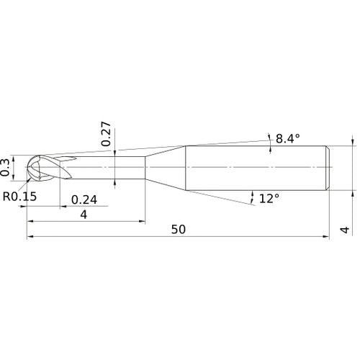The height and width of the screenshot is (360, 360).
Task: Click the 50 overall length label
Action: click(179, 229)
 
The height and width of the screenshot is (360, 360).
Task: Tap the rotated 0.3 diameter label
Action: click(6, 167)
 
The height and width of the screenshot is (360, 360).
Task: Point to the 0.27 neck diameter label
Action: click(106, 135)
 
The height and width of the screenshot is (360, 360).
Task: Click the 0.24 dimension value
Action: click(85, 199)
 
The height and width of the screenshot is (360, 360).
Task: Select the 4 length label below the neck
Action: click(84, 215)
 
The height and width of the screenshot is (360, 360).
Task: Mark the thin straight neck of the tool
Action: click(108, 168)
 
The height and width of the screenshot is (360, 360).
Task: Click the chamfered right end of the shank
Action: click(328, 168)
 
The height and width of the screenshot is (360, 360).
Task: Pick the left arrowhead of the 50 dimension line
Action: click(30, 236)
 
